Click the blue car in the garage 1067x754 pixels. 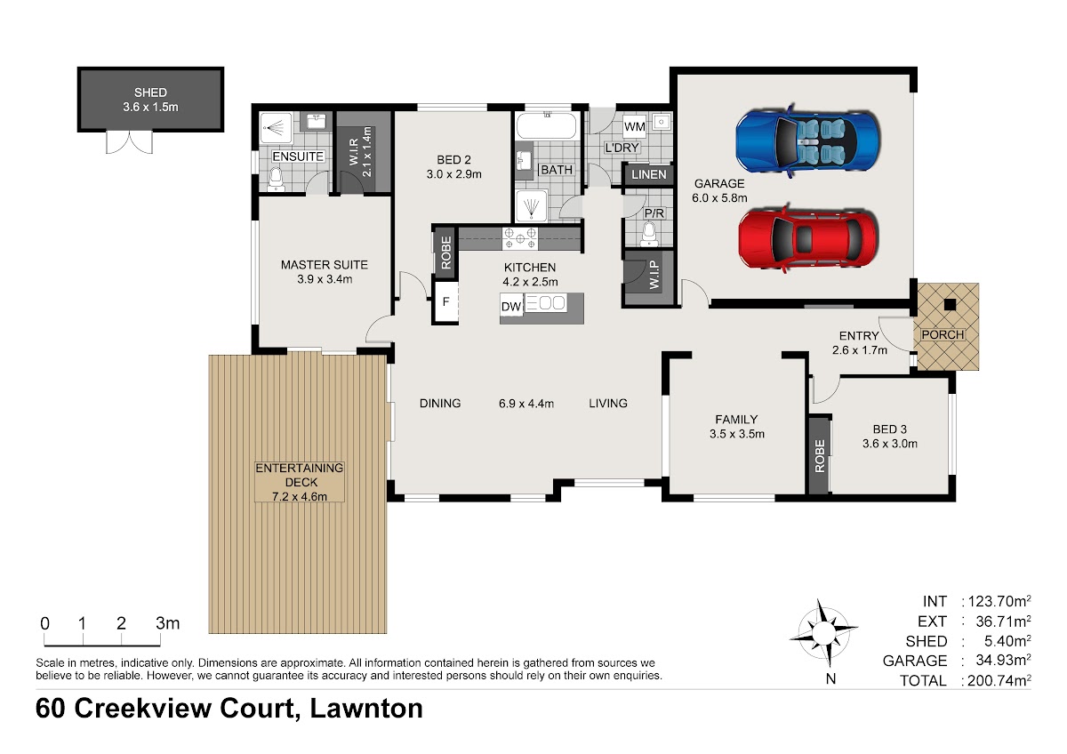(x=807, y=140)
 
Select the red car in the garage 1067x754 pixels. (x=808, y=238)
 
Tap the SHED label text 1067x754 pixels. (x=150, y=92)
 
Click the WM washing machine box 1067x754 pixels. (x=635, y=126)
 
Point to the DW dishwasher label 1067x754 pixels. (x=511, y=306)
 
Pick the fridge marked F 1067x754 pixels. (x=445, y=302)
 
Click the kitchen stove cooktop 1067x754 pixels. (x=519, y=238)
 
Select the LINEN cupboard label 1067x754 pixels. (x=649, y=175)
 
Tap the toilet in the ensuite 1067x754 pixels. (x=276, y=179)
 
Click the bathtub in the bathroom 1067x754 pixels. (x=547, y=125)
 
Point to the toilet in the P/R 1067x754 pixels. (x=649, y=236)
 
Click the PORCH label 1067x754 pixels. (x=943, y=335)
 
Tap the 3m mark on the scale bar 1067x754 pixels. (x=168, y=623)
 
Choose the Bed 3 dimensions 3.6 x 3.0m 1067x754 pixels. (x=890, y=444)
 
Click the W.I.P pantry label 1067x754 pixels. (x=654, y=275)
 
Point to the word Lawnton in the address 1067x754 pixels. (x=366, y=709)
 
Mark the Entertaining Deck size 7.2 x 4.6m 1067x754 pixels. (x=300, y=496)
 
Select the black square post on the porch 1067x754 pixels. (x=950, y=304)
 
